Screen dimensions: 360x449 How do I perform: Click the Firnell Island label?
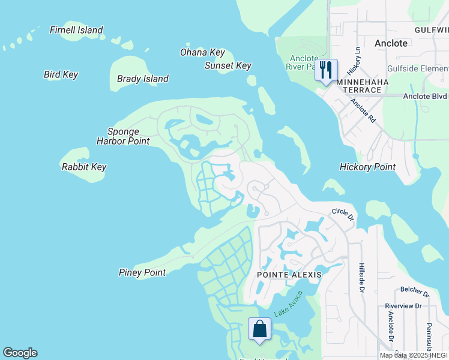(x=76, y=30)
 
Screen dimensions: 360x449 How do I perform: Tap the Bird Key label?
(x=61, y=74)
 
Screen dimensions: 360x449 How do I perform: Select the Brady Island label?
(x=143, y=79)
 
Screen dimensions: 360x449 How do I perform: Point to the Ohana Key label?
(x=202, y=52)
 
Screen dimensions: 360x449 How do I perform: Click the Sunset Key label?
(x=228, y=65)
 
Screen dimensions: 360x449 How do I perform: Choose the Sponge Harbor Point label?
(x=123, y=136)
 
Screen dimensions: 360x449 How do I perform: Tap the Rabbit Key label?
(x=83, y=167)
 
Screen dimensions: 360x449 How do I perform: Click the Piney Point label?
(x=142, y=272)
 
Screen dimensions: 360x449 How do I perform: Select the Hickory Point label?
(x=367, y=167)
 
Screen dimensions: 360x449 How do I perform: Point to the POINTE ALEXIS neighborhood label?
(x=289, y=274)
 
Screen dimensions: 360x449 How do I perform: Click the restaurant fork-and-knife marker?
(x=326, y=70)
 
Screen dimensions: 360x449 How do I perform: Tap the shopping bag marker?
(x=259, y=329)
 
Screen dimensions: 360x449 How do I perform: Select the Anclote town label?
(x=391, y=43)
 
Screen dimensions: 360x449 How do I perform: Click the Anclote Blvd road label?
(x=425, y=96)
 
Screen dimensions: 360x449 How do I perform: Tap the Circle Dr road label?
(x=343, y=214)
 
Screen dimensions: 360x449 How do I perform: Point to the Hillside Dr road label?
(x=361, y=278)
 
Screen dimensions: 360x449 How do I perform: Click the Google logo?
(x=20, y=353)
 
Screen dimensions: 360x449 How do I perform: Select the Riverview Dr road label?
(x=403, y=305)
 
